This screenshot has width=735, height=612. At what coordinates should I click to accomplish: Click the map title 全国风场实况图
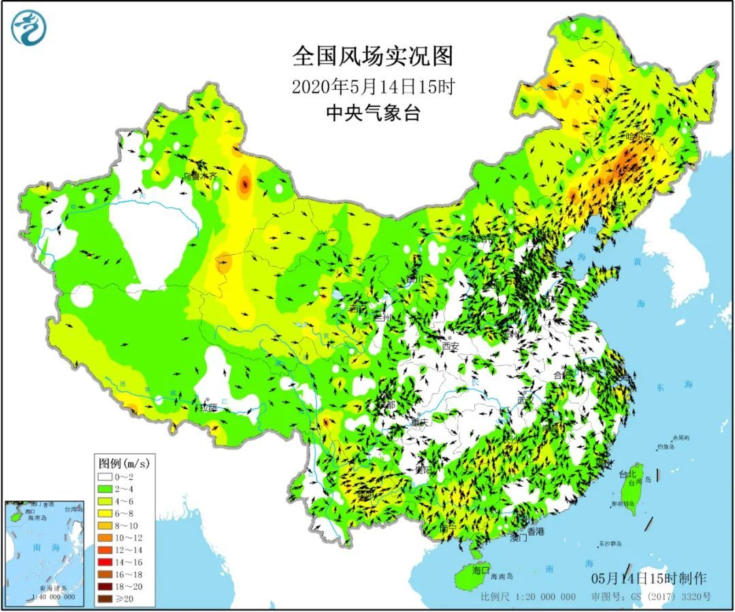pos(372,57)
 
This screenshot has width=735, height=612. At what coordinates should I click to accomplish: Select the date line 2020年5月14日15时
pos(372,86)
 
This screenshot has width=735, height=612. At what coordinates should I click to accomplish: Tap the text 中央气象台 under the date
pos(372,113)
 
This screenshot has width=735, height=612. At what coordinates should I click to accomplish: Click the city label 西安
pos(451,347)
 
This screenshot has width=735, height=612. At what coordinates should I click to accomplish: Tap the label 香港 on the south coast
pos(536,531)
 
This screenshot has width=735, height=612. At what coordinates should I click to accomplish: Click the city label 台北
pos(627,473)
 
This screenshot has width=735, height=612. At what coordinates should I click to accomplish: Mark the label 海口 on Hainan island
pos(481,570)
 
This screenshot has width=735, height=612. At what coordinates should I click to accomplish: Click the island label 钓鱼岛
pos(666,447)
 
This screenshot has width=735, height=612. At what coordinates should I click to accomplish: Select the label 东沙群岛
pos(611,544)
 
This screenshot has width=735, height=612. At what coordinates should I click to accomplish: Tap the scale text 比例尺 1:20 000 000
pos(528,597)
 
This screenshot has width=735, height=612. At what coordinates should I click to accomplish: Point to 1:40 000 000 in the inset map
pos(43,598)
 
